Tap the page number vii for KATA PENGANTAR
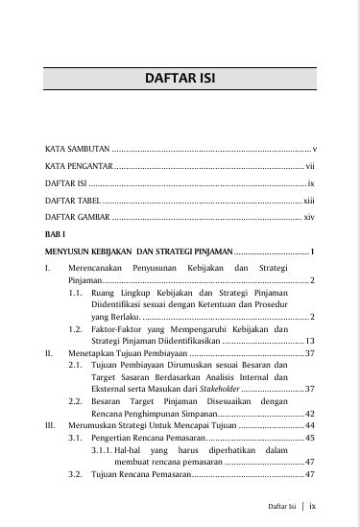[x=311, y=166]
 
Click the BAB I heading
[x=56, y=234]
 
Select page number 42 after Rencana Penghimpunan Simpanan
[x=310, y=413]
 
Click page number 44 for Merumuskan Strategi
[x=310, y=425]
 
